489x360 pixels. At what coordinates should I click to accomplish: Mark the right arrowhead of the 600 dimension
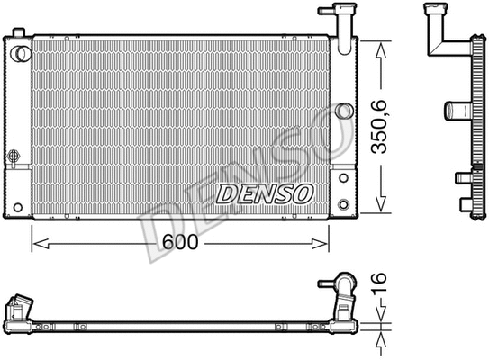[x=324, y=241]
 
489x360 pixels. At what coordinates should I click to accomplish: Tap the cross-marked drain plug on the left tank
[x=14, y=156]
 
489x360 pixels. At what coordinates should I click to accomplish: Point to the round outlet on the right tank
[x=343, y=111]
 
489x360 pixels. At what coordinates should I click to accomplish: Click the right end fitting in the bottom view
[x=346, y=292]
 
